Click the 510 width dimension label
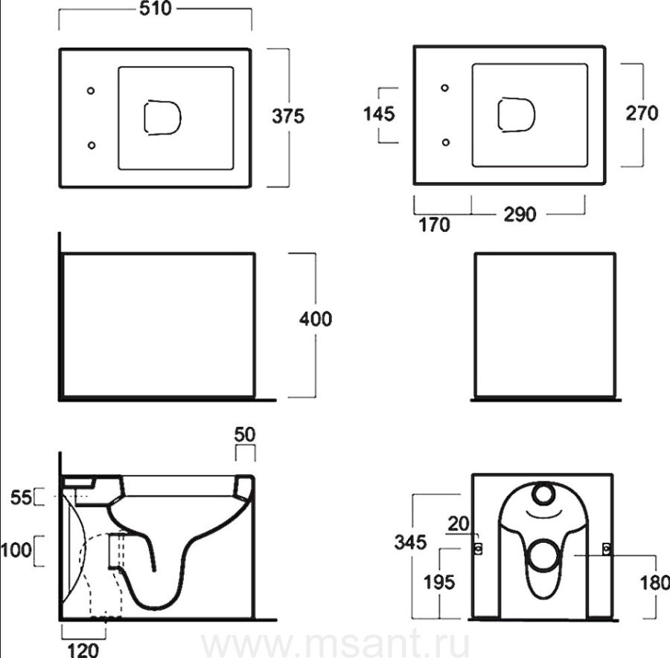[x=156, y=8]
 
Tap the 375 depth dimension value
[x=288, y=116]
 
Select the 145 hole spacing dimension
[x=379, y=114]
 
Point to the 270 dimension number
[x=642, y=113]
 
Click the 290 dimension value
[x=520, y=214]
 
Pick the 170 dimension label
[x=434, y=225]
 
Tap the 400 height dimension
[x=316, y=319]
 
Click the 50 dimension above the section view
[x=245, y=434]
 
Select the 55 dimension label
[x=21, y=497]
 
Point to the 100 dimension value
[x=16, y=550]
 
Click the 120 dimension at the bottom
[x=83, y=651]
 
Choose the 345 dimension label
[x=411, y=542]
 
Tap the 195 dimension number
[x=439, y=582]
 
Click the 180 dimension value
[x=654, y=583]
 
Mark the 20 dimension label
[x=459, y=523]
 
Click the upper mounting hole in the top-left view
[x=91, y=91]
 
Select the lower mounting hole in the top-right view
[x=446, y=142]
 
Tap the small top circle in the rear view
[x=543, y=494]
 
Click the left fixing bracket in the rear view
[x=478, y=549]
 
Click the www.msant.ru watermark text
[x=336, y=645]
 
